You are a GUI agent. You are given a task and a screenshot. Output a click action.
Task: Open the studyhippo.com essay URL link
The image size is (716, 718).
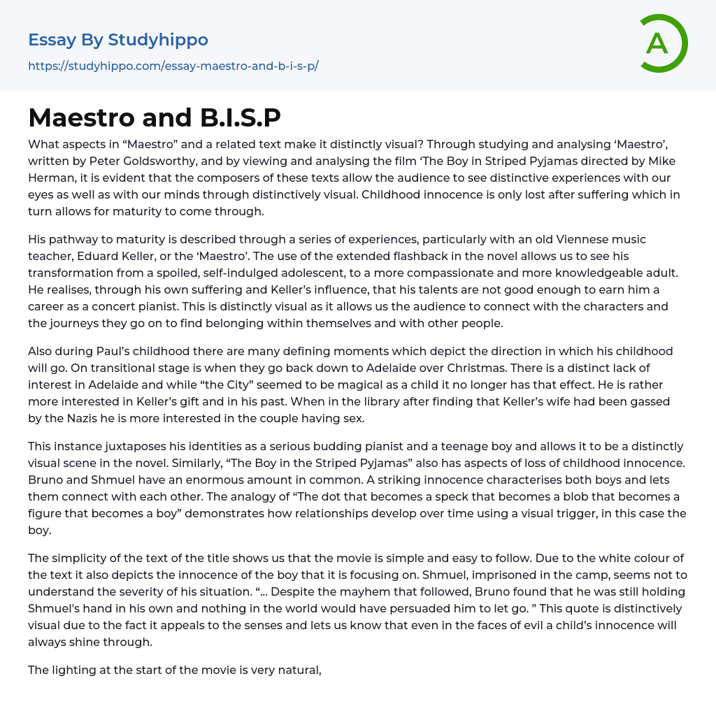pos(173,66)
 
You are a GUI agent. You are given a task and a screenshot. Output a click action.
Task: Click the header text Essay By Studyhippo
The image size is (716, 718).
pos(118,40)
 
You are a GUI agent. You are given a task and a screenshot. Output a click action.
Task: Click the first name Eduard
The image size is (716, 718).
pos(100,257)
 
